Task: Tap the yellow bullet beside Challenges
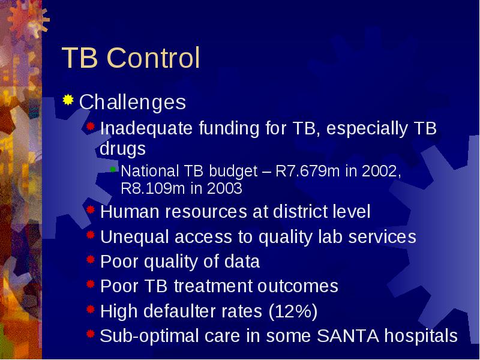[x=68, y=100]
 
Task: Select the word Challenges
[x=133, y=102]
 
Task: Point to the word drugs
[x=123, y=149]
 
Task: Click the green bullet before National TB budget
[x=113, y=169]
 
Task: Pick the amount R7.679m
[x=307, y=171]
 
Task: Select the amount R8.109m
[x=153, y=188]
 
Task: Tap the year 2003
[x=224, y=188]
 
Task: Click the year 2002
[x=381, y=171]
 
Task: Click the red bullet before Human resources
[x=91, y=209]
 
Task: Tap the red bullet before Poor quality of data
[x=91, y=260]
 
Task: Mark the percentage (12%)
[x=293, y=311]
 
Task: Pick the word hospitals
[x=421, y=336]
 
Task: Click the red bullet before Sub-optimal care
[x=91, y=334]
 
